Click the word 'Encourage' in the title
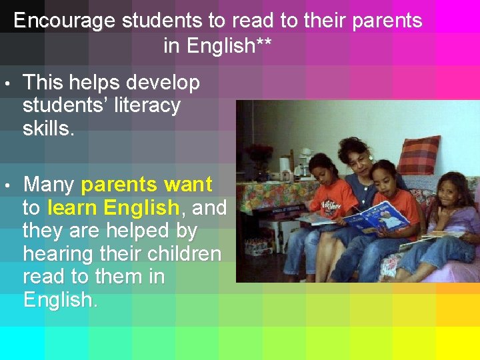coord(64,21)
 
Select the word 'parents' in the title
coord(387,21)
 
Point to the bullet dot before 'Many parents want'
coord(6,185)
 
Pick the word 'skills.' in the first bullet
coord(48,129)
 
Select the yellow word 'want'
coord(187,184)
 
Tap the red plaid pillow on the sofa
coord(419,155)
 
